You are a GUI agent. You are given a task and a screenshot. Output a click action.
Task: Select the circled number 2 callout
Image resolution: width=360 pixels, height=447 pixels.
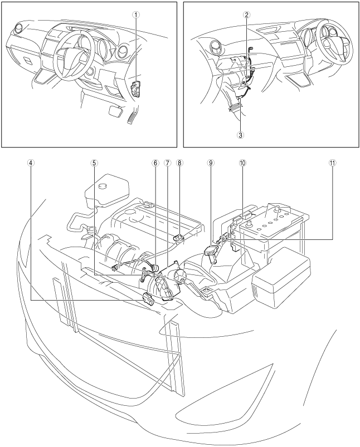[246, 15]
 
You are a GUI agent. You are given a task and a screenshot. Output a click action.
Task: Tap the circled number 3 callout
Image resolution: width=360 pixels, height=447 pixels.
[240, 135]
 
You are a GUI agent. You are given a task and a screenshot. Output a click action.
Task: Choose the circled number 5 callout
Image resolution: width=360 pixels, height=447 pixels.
[94, 163]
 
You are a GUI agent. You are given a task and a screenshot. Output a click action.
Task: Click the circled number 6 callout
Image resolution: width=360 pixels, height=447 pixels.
[155, 163]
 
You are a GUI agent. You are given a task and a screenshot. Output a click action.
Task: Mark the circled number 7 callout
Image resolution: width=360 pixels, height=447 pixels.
[167, 163]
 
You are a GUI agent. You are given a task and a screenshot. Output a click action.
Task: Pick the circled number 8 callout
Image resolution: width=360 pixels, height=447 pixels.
[179, 163]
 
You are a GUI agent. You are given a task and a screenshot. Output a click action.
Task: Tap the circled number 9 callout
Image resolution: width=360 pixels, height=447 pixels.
[211, 163]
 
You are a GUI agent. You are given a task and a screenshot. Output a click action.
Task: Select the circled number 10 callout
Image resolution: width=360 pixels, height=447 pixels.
[243, 163]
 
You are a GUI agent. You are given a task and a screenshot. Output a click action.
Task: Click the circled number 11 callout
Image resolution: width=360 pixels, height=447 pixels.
[332, 163]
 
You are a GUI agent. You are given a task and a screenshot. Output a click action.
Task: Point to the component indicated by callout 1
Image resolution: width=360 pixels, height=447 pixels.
[136, 89]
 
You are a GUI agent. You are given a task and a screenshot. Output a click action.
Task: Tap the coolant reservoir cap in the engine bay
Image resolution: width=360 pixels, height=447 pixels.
[102, 186]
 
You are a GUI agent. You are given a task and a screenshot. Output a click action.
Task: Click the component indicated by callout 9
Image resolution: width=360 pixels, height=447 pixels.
[211, 251]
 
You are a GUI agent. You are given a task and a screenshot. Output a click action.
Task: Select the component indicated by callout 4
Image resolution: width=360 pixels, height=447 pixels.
[148, 299]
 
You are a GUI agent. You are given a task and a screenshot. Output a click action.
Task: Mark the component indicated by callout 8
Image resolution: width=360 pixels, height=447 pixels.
[178, 237]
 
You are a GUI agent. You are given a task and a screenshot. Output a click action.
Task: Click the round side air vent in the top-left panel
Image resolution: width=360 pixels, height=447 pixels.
[18, 29]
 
